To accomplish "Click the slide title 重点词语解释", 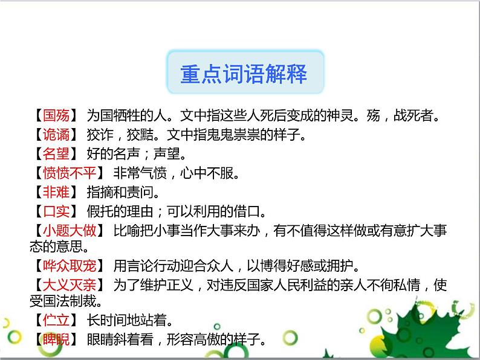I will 244,74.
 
